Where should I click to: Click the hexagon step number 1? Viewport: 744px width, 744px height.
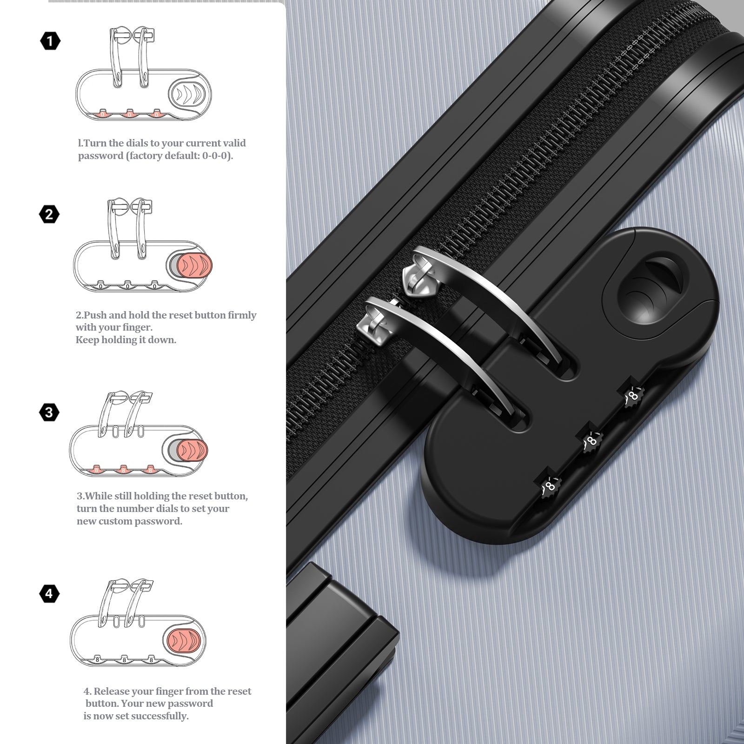[50, 41]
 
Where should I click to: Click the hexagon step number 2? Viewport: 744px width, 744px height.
[49, 214]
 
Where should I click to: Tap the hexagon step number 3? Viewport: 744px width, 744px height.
[49, 412]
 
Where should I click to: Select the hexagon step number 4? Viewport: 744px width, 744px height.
[49, 593]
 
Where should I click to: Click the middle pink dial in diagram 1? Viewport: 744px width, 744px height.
[129, 113]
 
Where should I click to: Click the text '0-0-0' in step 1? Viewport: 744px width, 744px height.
[216, 156]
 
